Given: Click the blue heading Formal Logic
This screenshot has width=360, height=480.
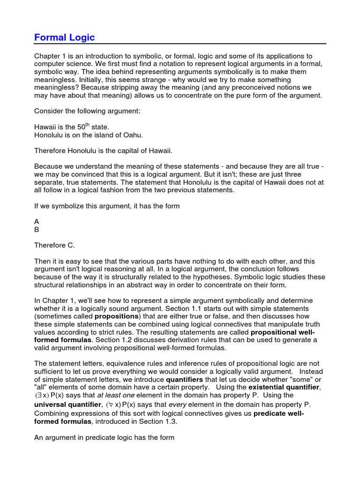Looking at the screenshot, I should (x=65, y=37).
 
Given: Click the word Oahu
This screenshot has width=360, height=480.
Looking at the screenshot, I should (x=133, y=135).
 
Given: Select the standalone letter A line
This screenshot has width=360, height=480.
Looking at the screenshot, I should (x=37, y=221).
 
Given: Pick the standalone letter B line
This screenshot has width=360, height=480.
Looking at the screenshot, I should (x=37, y=230).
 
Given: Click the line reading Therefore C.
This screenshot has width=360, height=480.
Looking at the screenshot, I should (x=54, y=245).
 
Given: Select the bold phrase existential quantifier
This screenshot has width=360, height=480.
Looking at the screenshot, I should (x=284, y=388).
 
